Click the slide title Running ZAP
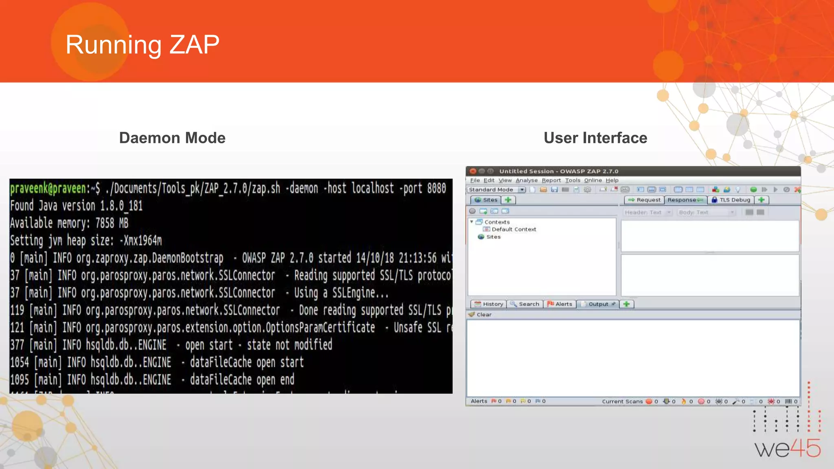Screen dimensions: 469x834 142,44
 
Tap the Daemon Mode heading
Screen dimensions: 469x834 172,138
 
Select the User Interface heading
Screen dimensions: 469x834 595,138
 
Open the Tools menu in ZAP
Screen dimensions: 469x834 572,180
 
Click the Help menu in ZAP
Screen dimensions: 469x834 612,180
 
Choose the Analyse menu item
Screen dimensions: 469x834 526,180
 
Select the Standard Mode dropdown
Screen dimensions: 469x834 496,190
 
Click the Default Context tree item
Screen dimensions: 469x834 514,230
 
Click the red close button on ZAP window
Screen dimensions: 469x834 473,171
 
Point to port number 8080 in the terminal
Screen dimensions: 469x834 437,188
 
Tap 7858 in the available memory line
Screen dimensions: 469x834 105,223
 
